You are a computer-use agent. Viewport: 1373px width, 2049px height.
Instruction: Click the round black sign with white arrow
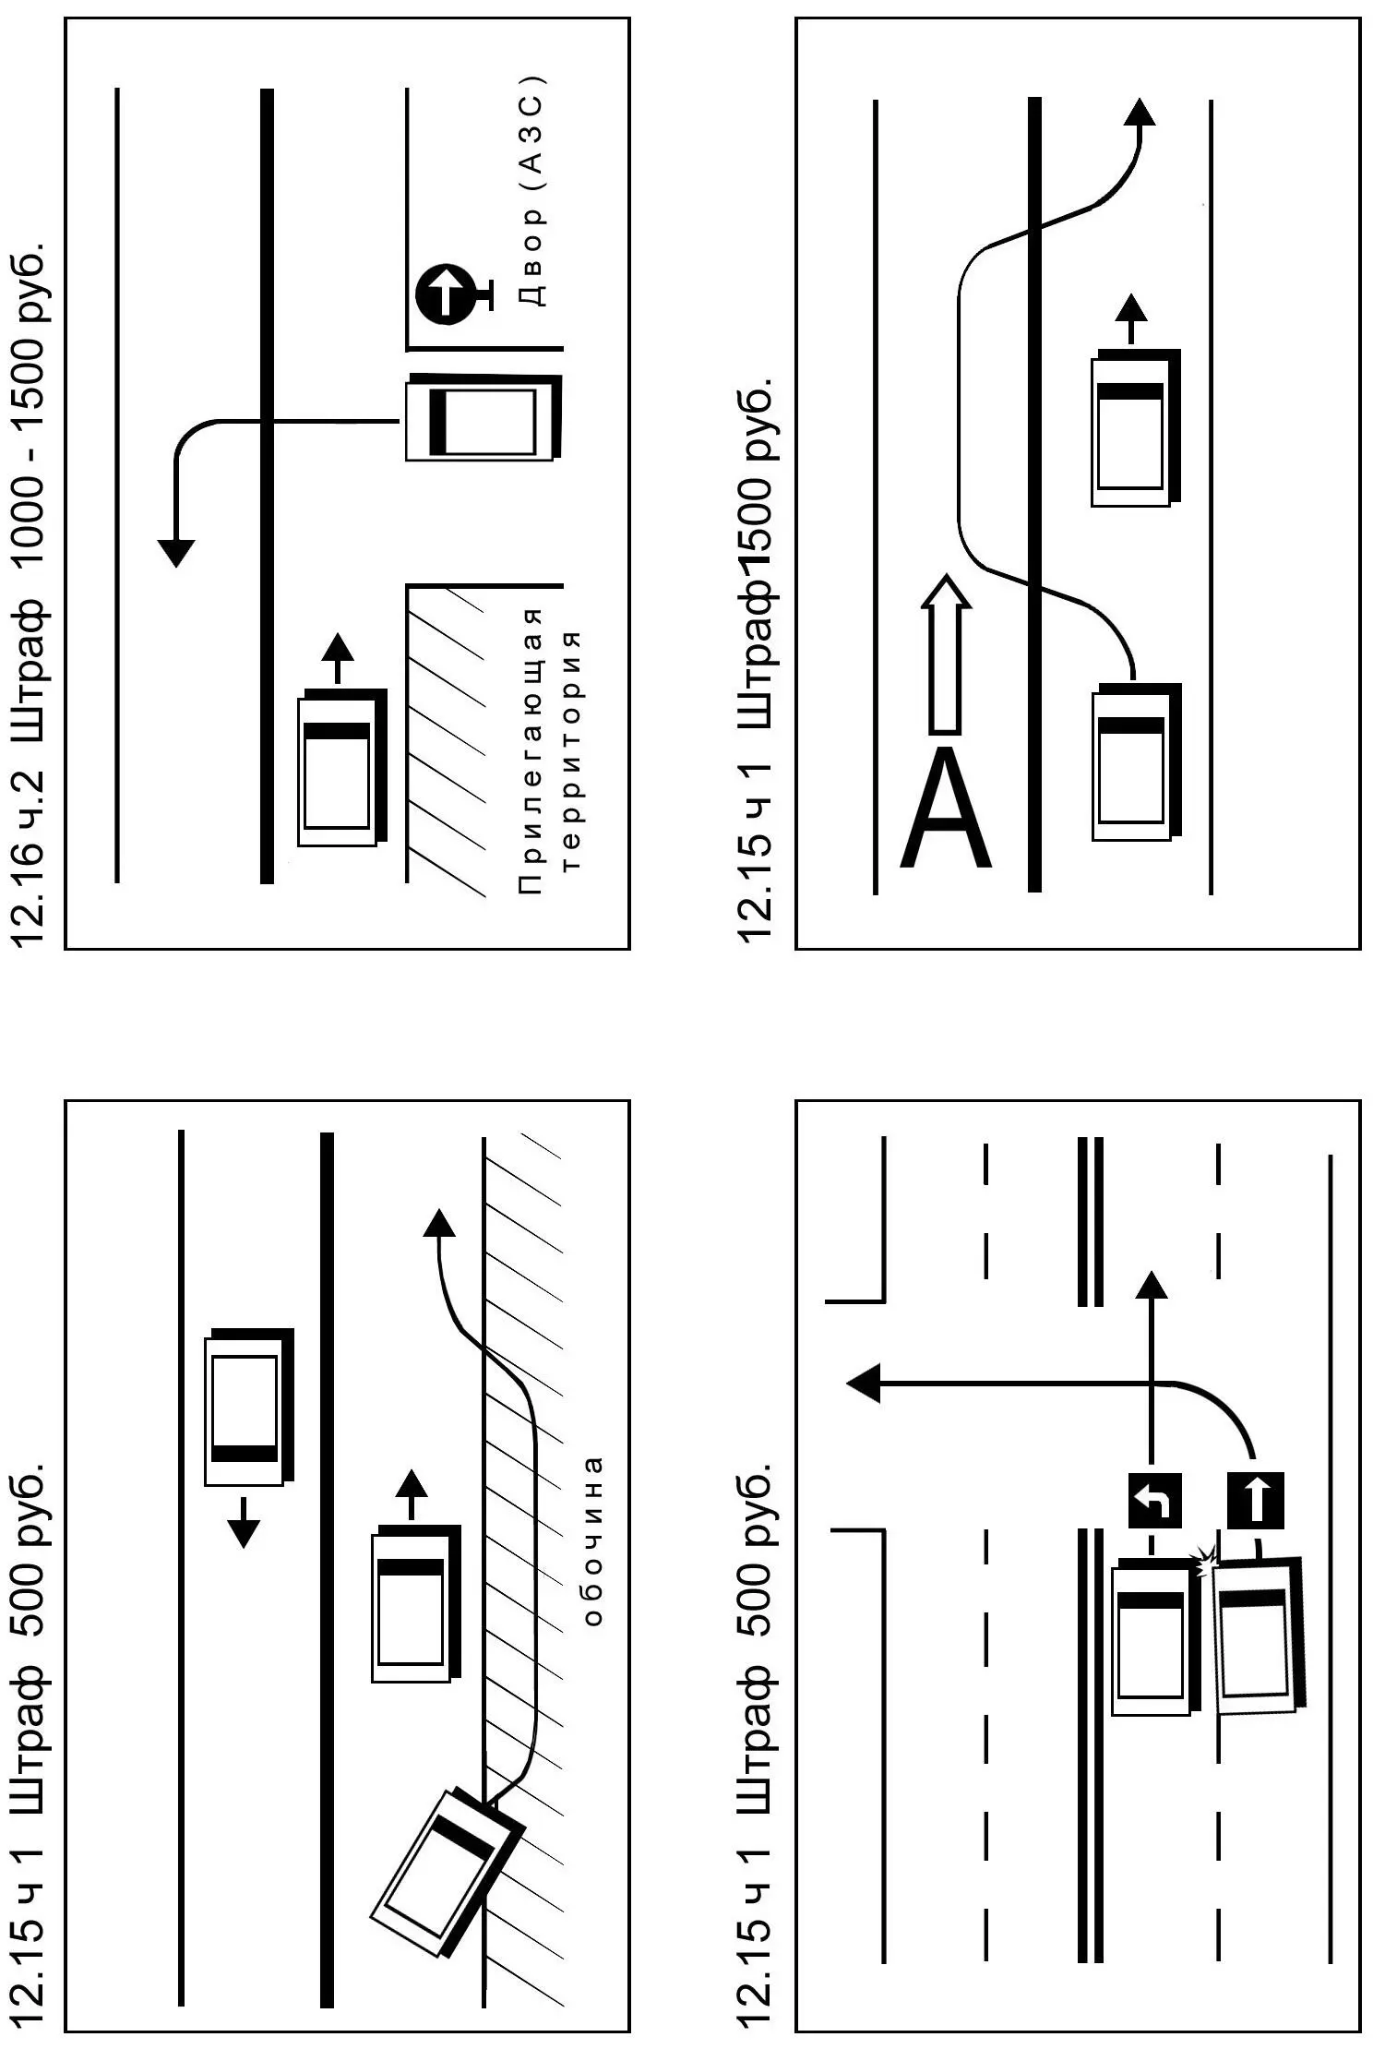pos(448,295)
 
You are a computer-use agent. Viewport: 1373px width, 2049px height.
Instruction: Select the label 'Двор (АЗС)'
pos(533,190)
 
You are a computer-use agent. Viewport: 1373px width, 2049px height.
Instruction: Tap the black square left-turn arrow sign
pos(1154,1499)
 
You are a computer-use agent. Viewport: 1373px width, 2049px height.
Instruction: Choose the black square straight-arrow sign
pos(1255,1499)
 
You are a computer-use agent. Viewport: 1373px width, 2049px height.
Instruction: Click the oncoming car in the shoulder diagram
pos(247,1406)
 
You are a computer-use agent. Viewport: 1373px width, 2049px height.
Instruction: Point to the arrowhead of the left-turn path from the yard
pos(175,551)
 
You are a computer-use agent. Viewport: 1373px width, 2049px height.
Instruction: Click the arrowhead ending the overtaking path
pos(1140,112)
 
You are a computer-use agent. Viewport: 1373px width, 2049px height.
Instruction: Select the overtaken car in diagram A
pos(1133,427)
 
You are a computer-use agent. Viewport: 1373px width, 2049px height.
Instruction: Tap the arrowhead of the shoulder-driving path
pos(438,1223)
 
